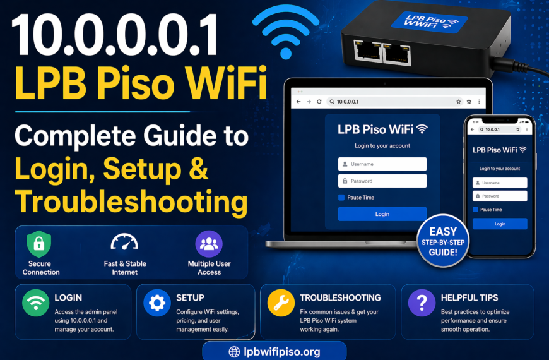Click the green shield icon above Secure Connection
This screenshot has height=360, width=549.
[x=38, y=244]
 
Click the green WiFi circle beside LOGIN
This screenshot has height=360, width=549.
[x=35, y=303]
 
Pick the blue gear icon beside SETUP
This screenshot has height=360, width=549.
[x=157, y=303]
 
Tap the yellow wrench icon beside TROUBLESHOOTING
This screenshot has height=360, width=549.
[x=281, y=303]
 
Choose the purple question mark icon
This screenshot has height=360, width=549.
[x=422, y=303]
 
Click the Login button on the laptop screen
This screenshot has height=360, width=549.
[x=382, y=214]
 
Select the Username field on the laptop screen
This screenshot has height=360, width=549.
[x=382, y=164]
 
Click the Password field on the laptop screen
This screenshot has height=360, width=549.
[x=382, y=181]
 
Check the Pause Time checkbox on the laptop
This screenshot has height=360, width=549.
[x=341, y=198]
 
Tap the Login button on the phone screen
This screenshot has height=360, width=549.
[x=500, y=224]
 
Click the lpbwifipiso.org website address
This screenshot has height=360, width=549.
[x=274, y=351]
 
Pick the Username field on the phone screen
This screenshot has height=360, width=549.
[x=500, y=183]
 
